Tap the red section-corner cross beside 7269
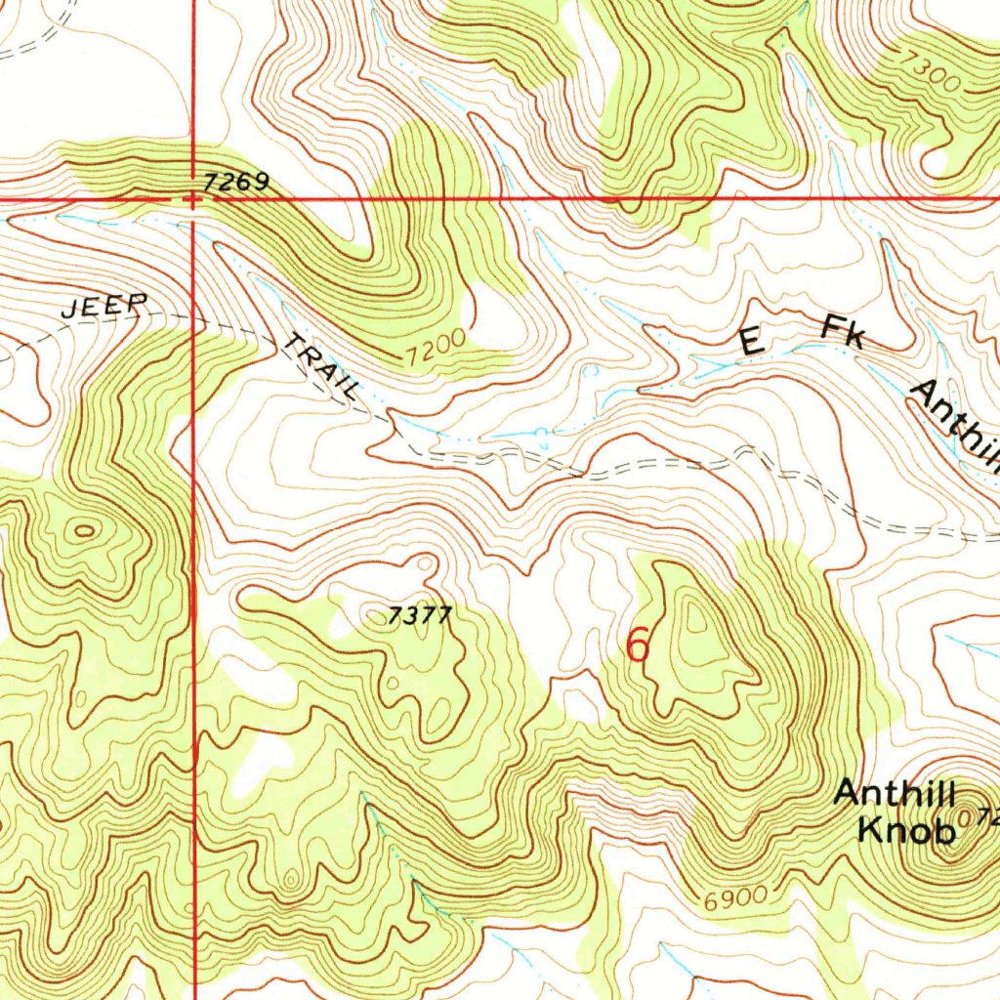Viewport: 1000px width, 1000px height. pos(192,199)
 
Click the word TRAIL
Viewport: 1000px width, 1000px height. pos(320,366)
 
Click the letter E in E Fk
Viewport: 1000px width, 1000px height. pos(750,342)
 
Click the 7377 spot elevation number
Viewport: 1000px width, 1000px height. pos(420,615)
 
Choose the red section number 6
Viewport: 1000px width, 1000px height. pos(638,646)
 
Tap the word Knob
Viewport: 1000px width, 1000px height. pos(905,831)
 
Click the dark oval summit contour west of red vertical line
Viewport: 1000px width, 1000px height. pos(84,531)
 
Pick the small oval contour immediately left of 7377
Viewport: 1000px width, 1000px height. pos(375,614)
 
